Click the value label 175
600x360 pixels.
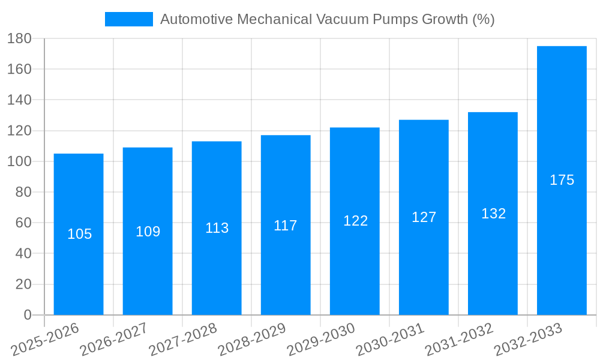pos(562,180)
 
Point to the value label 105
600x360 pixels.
pos(79,234)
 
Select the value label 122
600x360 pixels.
pos(355,221)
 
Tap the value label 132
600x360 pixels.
pos(493,214)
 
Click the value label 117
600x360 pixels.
pos(286,226)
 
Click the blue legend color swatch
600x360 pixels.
pos(128,19)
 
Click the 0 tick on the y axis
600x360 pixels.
pos(27,315)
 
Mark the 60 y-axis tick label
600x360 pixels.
pos(23,223)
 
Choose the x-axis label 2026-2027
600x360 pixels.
pos(114,339)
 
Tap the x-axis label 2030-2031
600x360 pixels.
pos(390,339)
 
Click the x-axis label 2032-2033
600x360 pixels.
pos(528,339)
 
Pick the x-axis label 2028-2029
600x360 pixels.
pos(252,339)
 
